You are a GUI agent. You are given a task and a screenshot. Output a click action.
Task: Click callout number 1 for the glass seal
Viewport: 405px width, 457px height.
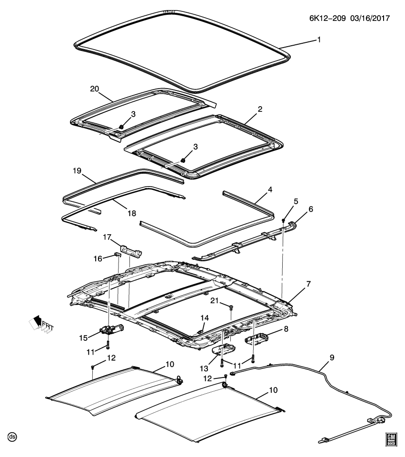tap(319, 40)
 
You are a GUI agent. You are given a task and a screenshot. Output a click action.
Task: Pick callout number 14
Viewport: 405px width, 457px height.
tap(204, 318)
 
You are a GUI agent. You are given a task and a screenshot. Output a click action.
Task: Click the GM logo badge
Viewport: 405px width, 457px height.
tap(391, 439)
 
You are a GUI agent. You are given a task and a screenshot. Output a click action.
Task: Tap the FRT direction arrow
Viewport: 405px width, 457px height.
tap(40, 325)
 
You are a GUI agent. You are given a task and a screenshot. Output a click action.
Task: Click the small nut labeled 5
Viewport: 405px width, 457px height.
tap(283, 220)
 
